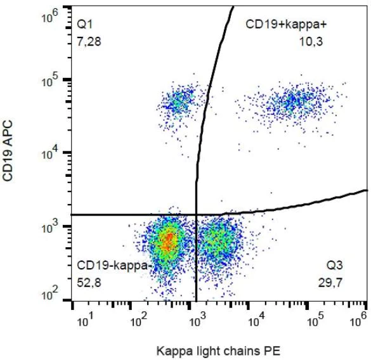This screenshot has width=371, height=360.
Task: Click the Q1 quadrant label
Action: [84, 24]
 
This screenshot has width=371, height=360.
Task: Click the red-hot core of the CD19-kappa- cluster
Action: [167, 240]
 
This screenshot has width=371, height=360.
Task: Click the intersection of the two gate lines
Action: [196, 215]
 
